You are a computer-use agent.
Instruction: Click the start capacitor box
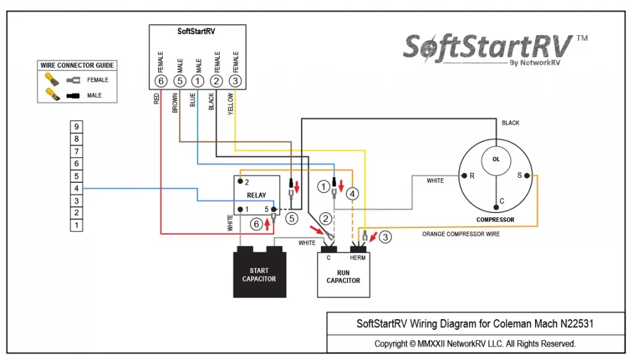pyautogui.click(x=260, y=272)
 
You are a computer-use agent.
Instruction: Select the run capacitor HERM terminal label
pyautogui.click(x=357, y=257)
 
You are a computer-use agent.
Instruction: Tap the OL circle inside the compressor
pyautogui.click(x=496, y=160)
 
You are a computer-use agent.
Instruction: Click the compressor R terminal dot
pyautogui.click(x=464, y=176)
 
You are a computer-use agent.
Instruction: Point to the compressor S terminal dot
pyautogui.click(x=527, y=175)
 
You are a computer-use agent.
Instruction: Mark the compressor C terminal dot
pyautogui.click(x=496, y=207)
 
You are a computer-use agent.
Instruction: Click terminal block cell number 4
pyautogui.click(x=77, y=188)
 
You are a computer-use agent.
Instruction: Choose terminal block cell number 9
pyautogui.click(x=77, y=127)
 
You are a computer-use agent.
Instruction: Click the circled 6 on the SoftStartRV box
pyautogui.click(x=161, y=81)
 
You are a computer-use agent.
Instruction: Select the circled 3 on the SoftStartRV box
pyautogui.click(x=235, y=81)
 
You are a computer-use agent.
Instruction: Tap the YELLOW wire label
pyautogui.click(x=231, y=104)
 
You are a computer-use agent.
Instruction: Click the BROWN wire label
pyautogui.click(x=175, y=103)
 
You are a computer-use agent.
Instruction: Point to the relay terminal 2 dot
pyautogui.click(x=240, y=182)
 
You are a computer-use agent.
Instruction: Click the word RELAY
pyautogui.click(x=256, y=195)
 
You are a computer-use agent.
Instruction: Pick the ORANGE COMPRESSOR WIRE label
pyautogui.click(x=460, y=234)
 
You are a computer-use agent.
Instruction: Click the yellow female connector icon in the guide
pyautogui.click(x=52, y=80)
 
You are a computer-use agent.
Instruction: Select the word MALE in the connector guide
pyautogui.click(x=94, y=96)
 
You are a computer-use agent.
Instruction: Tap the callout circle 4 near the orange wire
pyautogui.click(x=352, y=194)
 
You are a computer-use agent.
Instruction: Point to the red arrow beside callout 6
pyautogui.click(x=267, y=224)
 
